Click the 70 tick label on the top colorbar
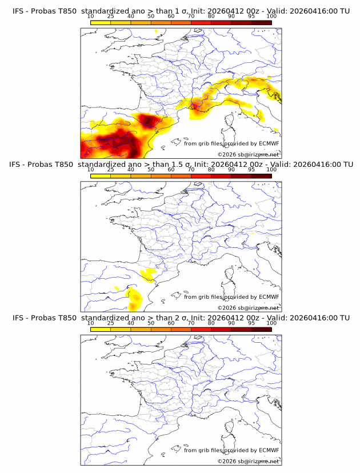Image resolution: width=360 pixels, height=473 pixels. coord(191,17)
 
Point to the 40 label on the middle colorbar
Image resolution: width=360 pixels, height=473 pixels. coord(131,170)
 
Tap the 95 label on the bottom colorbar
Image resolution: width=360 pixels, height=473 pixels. coord(251,323)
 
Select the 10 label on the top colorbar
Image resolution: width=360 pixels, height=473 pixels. coord(91,17)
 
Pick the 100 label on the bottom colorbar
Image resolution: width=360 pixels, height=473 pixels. coord(271,323)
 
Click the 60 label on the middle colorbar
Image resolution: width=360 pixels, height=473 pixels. coord(171,170)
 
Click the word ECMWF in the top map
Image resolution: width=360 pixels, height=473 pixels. coord(269,143)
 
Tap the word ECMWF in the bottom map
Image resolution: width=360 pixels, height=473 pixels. coord(269,450)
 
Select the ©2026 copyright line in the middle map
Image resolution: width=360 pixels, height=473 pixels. coord(248,307)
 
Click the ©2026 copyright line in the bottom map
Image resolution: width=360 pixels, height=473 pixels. coord(248,460)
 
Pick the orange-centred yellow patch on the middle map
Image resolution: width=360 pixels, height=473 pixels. coord(136,298)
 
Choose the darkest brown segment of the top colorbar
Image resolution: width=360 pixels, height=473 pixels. coord(262,22)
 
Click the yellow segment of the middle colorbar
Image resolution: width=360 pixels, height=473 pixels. coord(101,175)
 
